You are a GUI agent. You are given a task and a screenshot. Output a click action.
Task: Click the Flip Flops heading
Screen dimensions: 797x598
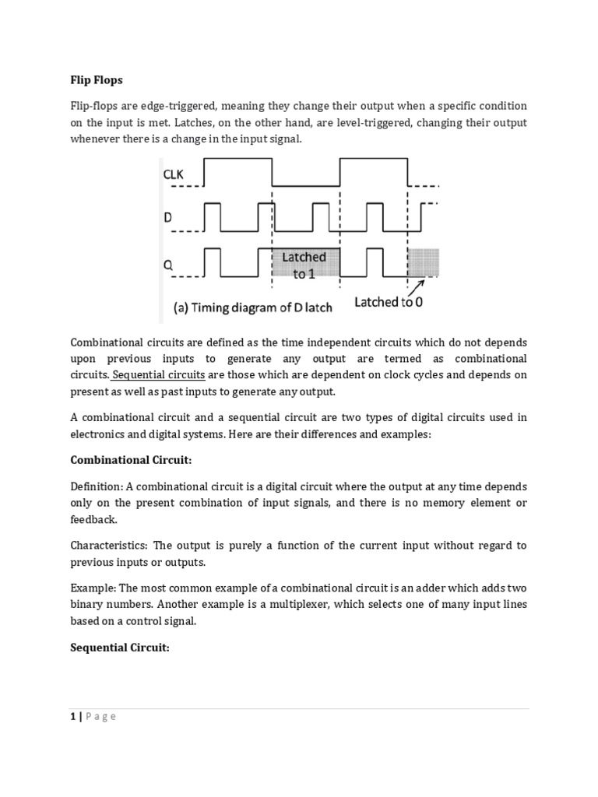click(97, 79)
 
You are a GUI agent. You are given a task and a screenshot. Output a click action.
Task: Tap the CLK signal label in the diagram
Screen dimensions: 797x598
click(174, 175)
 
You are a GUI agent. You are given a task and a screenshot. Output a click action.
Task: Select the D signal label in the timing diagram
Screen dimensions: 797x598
click(167, 219)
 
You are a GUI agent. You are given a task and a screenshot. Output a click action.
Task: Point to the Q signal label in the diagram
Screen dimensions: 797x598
click(167, 263)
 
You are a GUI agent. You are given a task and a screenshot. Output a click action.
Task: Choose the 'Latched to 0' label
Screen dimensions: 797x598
click(389, 302)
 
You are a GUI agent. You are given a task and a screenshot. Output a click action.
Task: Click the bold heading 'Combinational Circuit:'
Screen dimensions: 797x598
click(131, 460)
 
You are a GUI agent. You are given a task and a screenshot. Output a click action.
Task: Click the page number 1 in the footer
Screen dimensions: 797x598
click(73, 717)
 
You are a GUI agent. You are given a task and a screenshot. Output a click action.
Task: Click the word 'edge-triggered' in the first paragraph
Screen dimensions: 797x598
click(177, 106)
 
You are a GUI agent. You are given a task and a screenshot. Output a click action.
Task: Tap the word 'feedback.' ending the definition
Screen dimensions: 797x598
click(93, 519)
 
